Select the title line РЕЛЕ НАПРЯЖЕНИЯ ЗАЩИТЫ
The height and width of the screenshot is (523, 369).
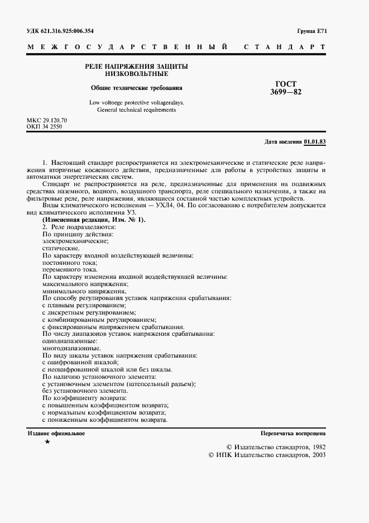click(136, 66)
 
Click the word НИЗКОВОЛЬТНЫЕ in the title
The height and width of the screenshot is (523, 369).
click(136, 74)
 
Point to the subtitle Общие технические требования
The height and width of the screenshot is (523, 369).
click(136, 88)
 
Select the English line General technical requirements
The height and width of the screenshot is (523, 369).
click(136, 110)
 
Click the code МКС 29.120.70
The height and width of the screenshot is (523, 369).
click(47, 121)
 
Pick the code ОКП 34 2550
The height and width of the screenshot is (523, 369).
click(44, 127)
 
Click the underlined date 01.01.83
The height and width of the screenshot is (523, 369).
click(315, 142)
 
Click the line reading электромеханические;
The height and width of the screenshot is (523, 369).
click(74, 241)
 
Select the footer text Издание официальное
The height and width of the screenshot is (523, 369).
click(56, 433)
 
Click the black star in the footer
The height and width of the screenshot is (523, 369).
click(47, 442)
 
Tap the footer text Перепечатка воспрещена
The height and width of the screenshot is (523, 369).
click(293, 434)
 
